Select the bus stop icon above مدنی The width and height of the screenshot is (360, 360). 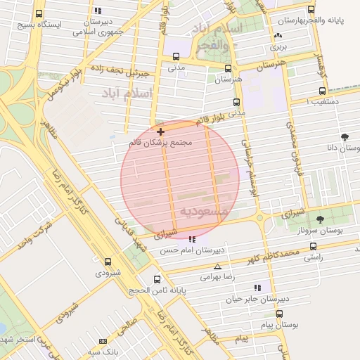(176, 57)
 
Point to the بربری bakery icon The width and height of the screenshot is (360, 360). (278, 36)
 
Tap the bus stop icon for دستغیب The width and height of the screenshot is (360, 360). (322, 91)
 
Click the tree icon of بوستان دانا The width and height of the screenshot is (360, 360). (344, 137)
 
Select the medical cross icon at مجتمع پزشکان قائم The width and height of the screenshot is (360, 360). (161, 131)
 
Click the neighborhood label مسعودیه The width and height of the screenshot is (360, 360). (203, 212)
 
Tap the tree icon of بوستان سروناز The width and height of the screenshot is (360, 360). (321, 219)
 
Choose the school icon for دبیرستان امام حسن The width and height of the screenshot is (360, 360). (192, 239)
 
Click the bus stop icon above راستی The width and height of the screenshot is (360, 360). (313, 247)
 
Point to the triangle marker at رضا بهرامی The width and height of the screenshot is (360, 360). (217, 266)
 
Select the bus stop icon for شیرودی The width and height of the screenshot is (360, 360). (108, 262)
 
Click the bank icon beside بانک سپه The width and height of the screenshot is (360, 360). (103, 341)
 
